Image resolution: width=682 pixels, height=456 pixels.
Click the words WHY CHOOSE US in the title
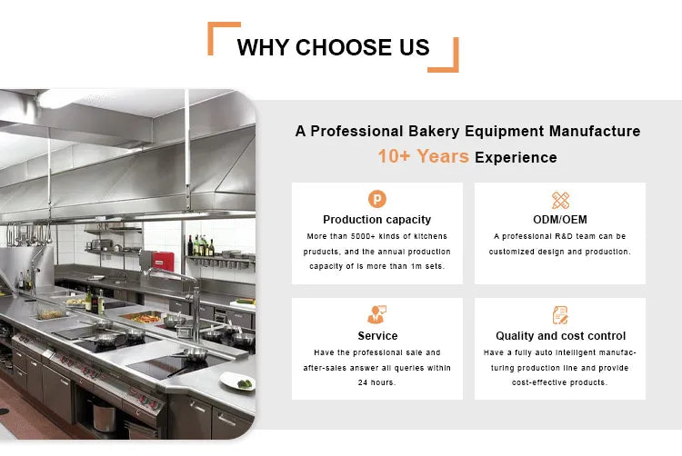pyautogui.click(x=333, y=47)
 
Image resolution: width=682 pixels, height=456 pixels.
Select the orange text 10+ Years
pyautogui.click(x=424, y=156)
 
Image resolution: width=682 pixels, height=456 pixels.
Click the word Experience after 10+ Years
pyautogui.click(x=516, y=158)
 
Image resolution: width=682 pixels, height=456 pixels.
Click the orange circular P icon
pyautogui.click(x=376, y=199)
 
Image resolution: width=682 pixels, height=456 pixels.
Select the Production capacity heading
pyautogui.click(x=376, y=219)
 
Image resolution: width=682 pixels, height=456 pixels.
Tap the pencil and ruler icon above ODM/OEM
pyautogui.click(x=560, y=200)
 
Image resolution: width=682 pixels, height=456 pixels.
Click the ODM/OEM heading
pyautogui.click(x=560, y=219)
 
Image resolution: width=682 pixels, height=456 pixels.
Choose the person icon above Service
pyautogui.click(x=376, y=315)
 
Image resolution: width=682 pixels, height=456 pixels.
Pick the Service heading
pyautogui.click(x=376, y=335)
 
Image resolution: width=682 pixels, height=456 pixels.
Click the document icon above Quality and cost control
pyautogui.click(x=560, y=315)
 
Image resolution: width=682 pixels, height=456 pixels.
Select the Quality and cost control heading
pyautogui.click(x=560, y=335)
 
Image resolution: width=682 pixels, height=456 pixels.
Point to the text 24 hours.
pyautogui.click(x=376, y=382)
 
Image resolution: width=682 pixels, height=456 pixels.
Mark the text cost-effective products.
pyautogui.click(x=560, y=382)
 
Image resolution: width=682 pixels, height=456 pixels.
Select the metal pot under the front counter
pyautogui.click(x=105, y=415)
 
